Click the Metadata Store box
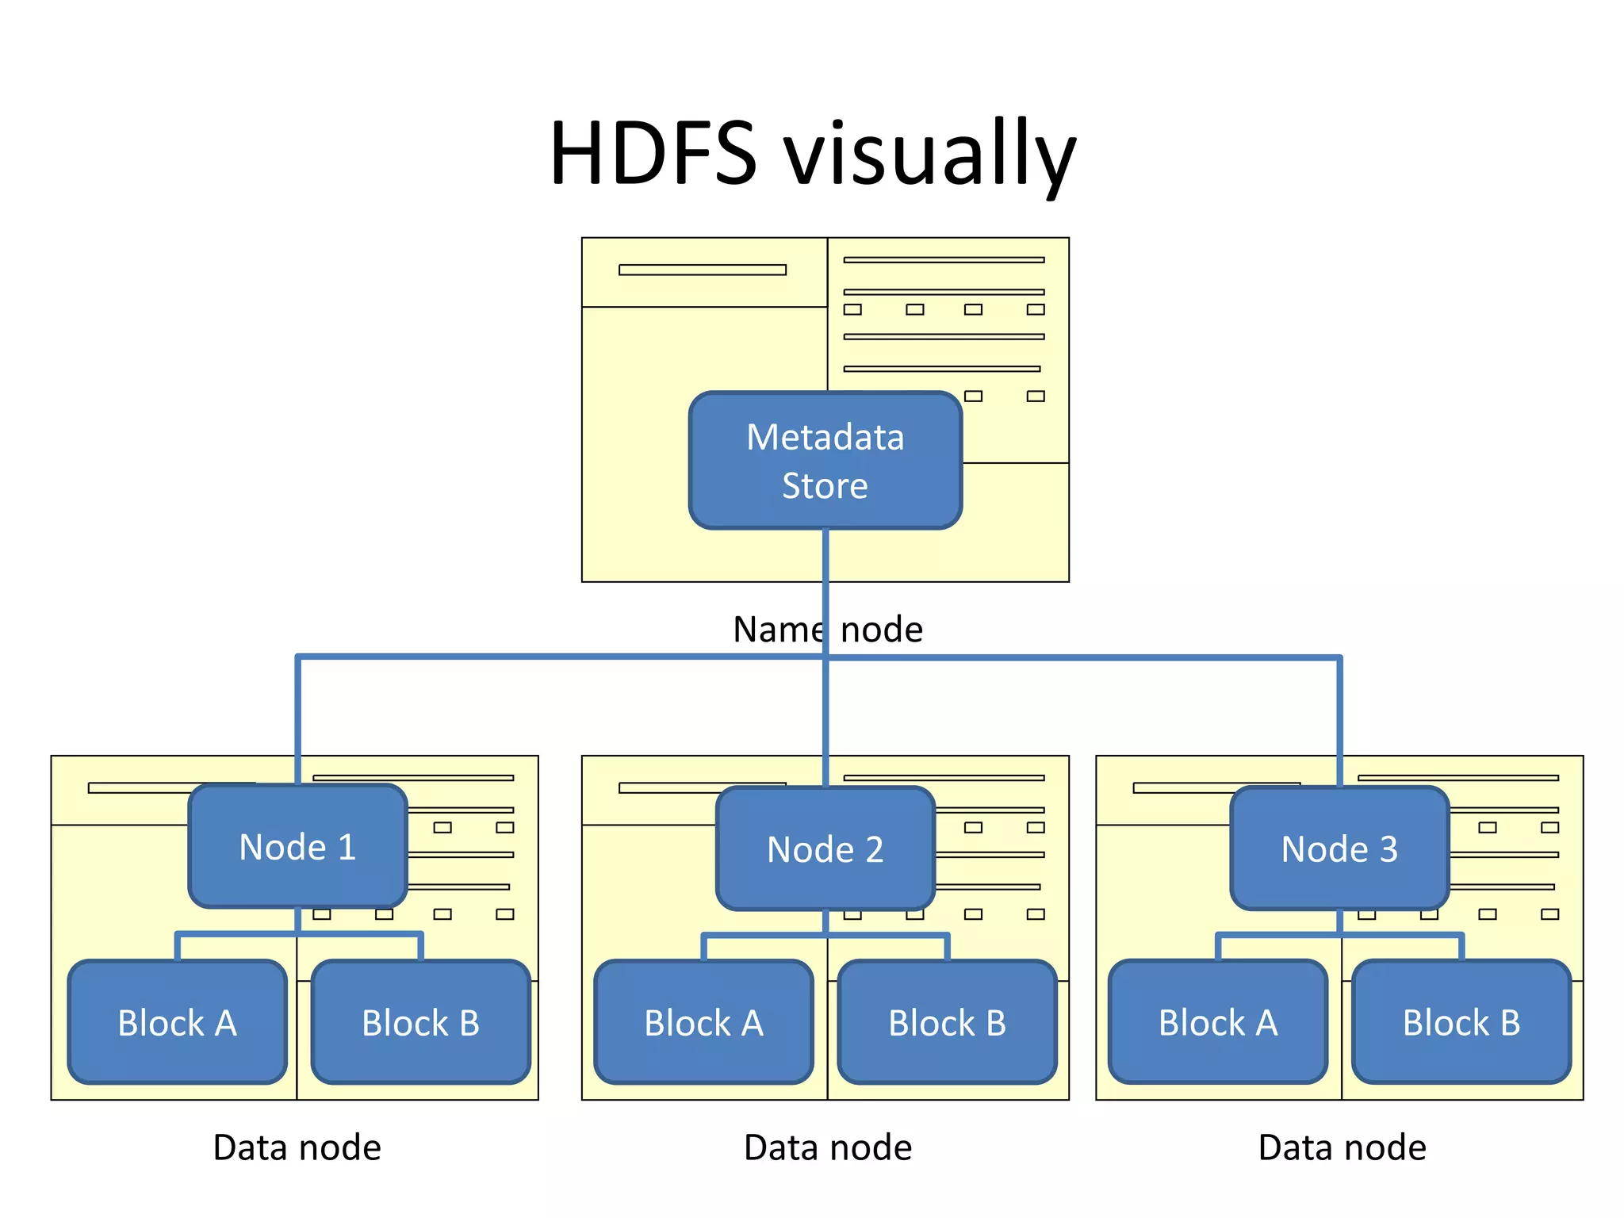pos(825,460)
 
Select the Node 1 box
pos(297,846)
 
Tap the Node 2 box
pos(825,848)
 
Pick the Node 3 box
pos(1339,848)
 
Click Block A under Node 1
pos(177,1022)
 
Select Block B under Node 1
pos(420,1022)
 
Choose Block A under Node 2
pos(703,1022)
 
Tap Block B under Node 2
pos(947,1022)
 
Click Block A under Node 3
pos(1217,1022)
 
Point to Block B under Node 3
pos(1461,1022)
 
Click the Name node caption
pos(828,630)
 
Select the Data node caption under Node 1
pos(297,1147)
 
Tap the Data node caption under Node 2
pos(828,1147)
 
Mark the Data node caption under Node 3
pos(1342,1147)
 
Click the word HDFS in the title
pos(653,153)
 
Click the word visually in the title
pos(929,155)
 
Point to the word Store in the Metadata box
pos(825,485)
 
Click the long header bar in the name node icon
pos(702,270)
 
